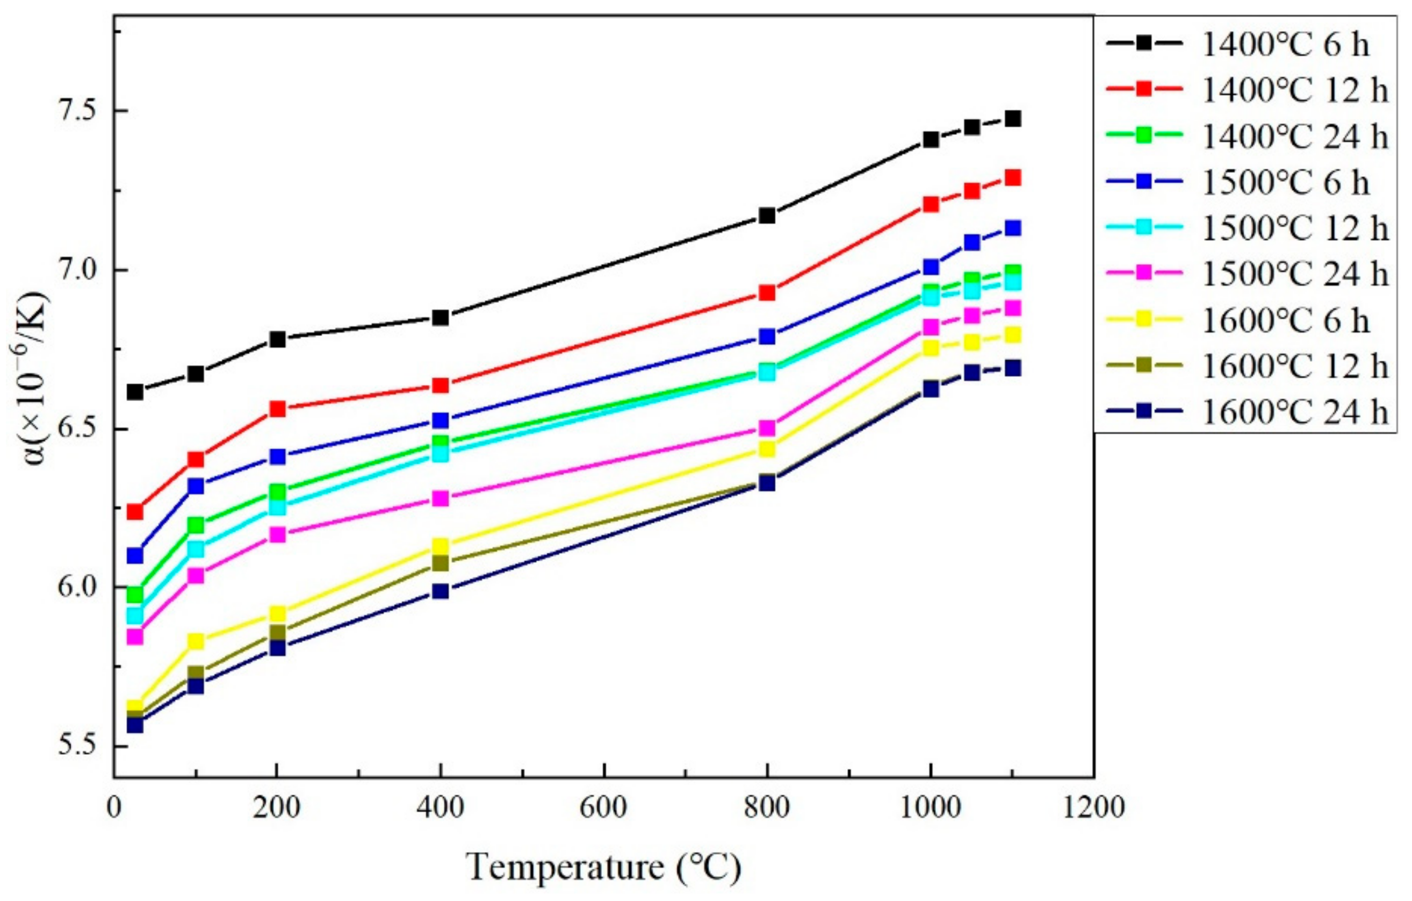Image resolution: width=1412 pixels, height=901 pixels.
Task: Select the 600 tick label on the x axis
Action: [x=603, y=808]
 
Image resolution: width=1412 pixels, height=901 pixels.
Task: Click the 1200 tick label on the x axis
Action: [x=1093, y=808]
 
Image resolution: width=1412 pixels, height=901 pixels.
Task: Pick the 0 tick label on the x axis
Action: [x=114, y=808]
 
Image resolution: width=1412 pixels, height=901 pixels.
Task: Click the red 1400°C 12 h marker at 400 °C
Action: [x=441, y=385]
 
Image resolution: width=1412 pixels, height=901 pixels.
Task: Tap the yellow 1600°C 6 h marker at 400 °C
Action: [x=441, y=546]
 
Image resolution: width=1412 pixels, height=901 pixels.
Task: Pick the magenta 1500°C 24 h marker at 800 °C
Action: [x=767, y=427]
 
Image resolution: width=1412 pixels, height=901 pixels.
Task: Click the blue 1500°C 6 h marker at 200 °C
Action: [x=277, y=456]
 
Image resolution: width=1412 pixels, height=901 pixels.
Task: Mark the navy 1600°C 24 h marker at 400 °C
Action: [x=441, y=591]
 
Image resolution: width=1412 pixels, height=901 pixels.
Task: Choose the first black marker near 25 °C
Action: [x=135, y=392]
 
